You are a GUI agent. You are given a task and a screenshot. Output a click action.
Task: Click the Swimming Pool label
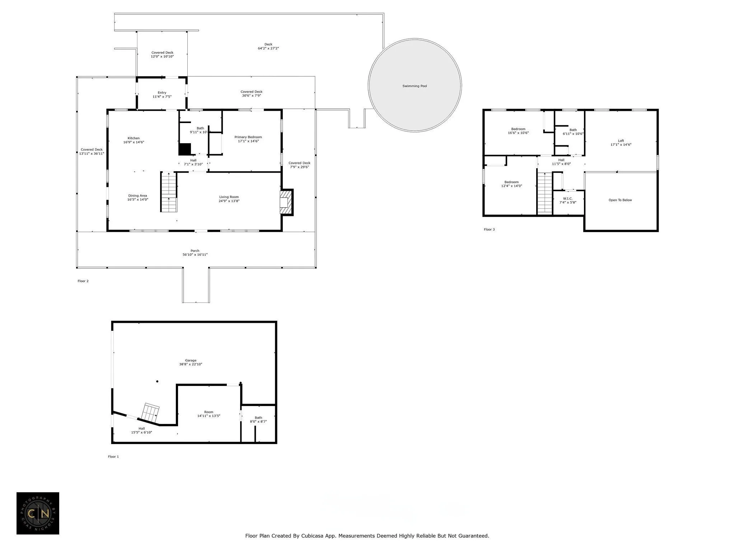pyautogui.click(x=415, y=86)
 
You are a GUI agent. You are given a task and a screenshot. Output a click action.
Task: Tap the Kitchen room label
pyautogui.click(x=134, y=138)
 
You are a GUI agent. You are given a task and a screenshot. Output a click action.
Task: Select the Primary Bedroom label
pyautogui.click(x=248, y=137)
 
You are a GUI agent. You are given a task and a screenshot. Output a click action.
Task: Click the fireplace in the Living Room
pyautogui.click(x=286, y=202)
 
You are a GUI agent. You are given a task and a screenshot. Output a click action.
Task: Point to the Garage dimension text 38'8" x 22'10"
pyautogui.click(x=191, y=364)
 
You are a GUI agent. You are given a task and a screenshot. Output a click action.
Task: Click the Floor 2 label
pyautogui.click(x=83, y=281)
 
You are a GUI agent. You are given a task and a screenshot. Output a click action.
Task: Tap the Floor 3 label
pyautogui.click(x=489, y=229)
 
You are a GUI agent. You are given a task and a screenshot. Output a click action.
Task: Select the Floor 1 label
pyautogui.click(x=113, y=456)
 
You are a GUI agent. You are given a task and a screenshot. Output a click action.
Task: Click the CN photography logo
pyautogui.click(x=38, y=513)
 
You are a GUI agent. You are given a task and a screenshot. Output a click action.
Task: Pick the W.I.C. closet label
pyautogui.click(x=568, y=198)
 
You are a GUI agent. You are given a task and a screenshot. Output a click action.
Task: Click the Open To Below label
pyautogui.click(x=620, y=200)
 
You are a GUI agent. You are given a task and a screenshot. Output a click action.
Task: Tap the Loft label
pyautogui.click(x=621, y=141)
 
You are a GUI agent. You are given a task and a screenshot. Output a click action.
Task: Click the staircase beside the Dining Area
pyautogui.click(x=169, y=192)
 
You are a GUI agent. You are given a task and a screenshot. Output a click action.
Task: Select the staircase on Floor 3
pyautogui.click(x=544, y=193)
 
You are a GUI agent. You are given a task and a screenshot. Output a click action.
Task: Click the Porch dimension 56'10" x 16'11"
pyautogui.click(x=195, y=255)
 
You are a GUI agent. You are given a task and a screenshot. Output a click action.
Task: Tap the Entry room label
pyautogui.click(x=162, y=93)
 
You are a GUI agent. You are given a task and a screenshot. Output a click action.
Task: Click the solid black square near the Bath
pyautogui.click(x=184, y=149)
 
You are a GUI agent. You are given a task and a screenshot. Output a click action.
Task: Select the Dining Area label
pyautogui.click(x=138, y=196)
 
